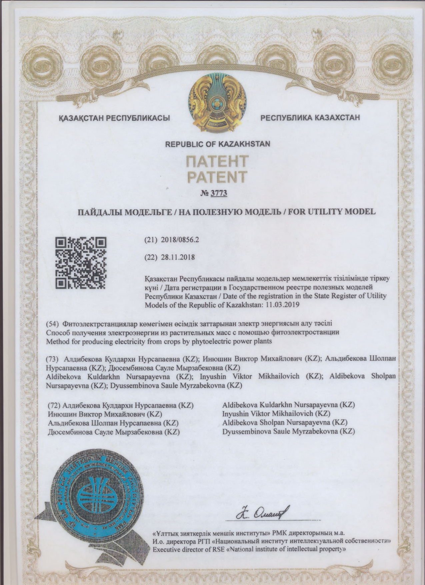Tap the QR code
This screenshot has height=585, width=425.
(x=80, y=263)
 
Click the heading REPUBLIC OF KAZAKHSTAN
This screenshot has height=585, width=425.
(x=218, y=144)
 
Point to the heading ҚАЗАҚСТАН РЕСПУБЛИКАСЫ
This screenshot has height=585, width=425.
(x=114, y=118)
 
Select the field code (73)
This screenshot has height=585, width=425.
(x=52, y=359)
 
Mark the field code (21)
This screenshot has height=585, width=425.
(x=151, y=239)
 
